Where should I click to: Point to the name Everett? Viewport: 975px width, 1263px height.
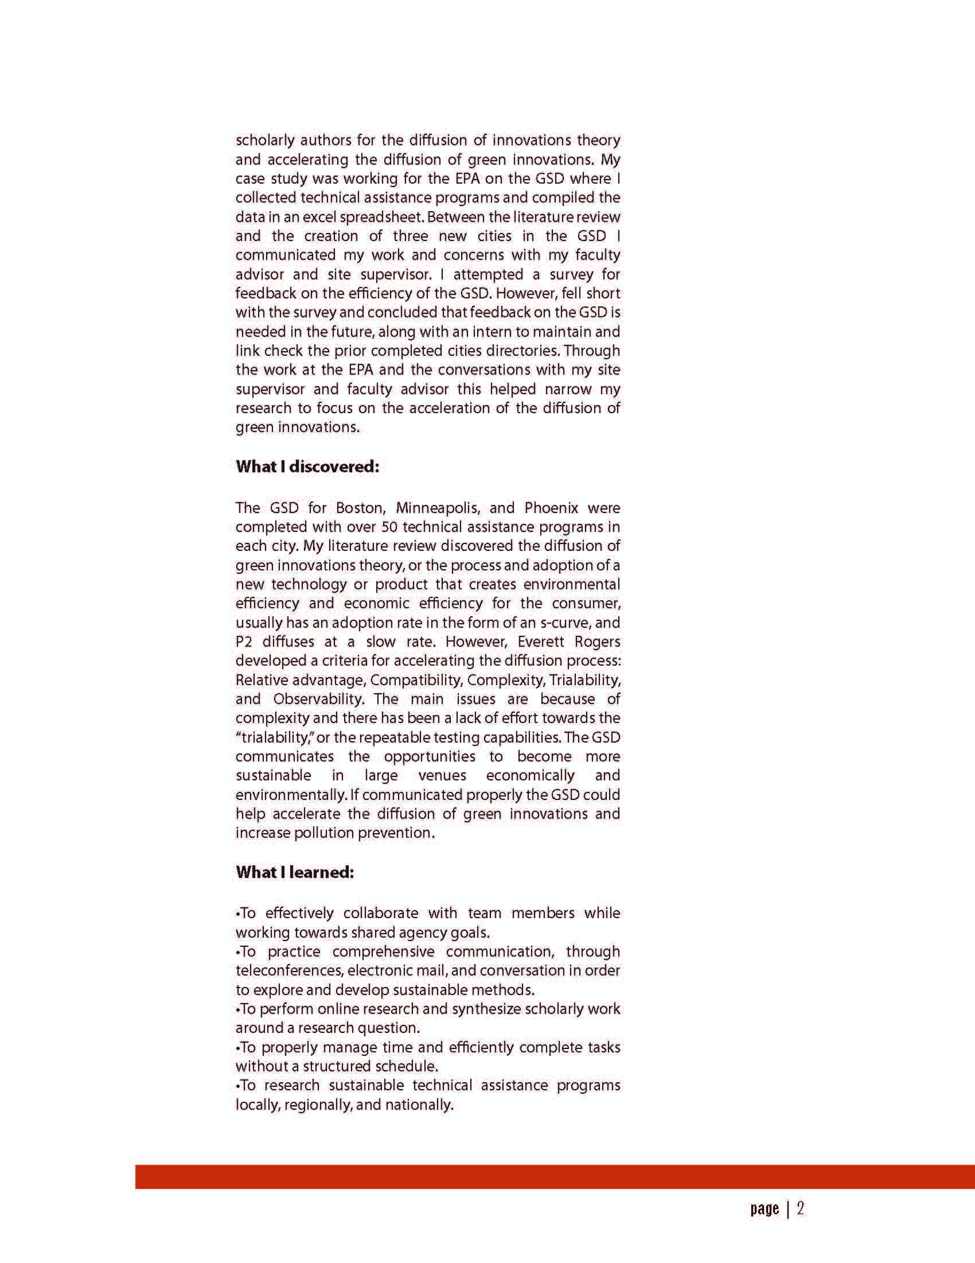click(x=540, y=642)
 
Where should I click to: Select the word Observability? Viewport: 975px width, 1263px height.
click(x=318, y=698)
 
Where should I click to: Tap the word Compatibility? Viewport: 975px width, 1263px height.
click(x=416, y=679)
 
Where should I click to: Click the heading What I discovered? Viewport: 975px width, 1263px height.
click(x=307, y=467)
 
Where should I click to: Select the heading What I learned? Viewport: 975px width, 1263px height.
click(x=295, y=872)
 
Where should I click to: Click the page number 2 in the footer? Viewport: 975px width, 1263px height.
click(x=801, y=1208)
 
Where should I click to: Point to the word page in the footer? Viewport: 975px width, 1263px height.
click(x=765, y=1208)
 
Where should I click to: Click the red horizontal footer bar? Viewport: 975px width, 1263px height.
click(x=555, y=1177)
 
